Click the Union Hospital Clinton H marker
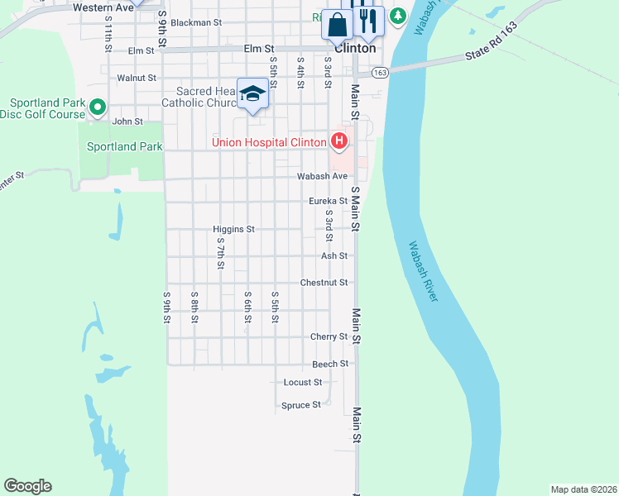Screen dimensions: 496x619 [x=338, y=142]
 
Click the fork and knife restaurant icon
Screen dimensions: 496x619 [x=368, y=21]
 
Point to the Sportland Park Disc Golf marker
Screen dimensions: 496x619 [x=98, y=107]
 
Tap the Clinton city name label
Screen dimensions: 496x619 [x=355, y=48]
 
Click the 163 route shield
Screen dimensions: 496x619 [x=380, y=73]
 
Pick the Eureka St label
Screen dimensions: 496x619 [x=328, y=201]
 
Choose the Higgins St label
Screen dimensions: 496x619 [x=233, y=229]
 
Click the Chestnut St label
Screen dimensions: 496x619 [x=324, y=283]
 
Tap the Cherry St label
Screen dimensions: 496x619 [x=329, y=337]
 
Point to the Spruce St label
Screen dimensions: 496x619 [x=301, y=405]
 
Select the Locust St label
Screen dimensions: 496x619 [x=302, y=383]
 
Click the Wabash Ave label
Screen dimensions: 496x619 [x=323, y=176]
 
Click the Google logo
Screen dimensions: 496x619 [x=27, y=486]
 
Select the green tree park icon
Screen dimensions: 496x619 [x=397, y=16]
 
